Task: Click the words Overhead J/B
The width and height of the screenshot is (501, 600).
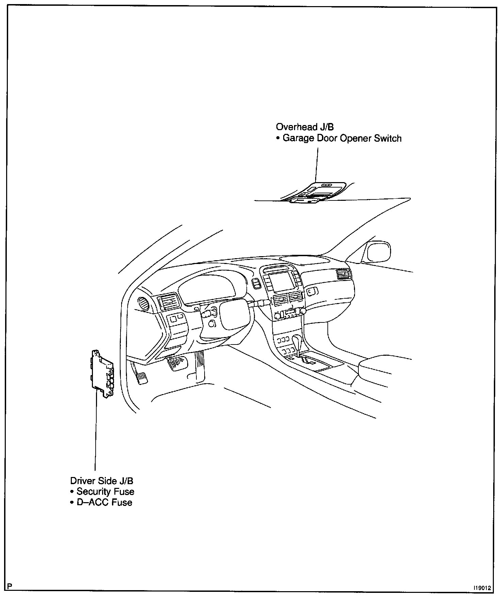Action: (x=305, y=127)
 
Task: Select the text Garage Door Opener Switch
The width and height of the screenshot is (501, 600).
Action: (x=342, y=139)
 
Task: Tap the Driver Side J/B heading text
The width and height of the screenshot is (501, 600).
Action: (x=102, y=481)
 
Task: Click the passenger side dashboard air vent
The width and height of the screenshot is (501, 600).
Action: (x=343, y=274)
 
